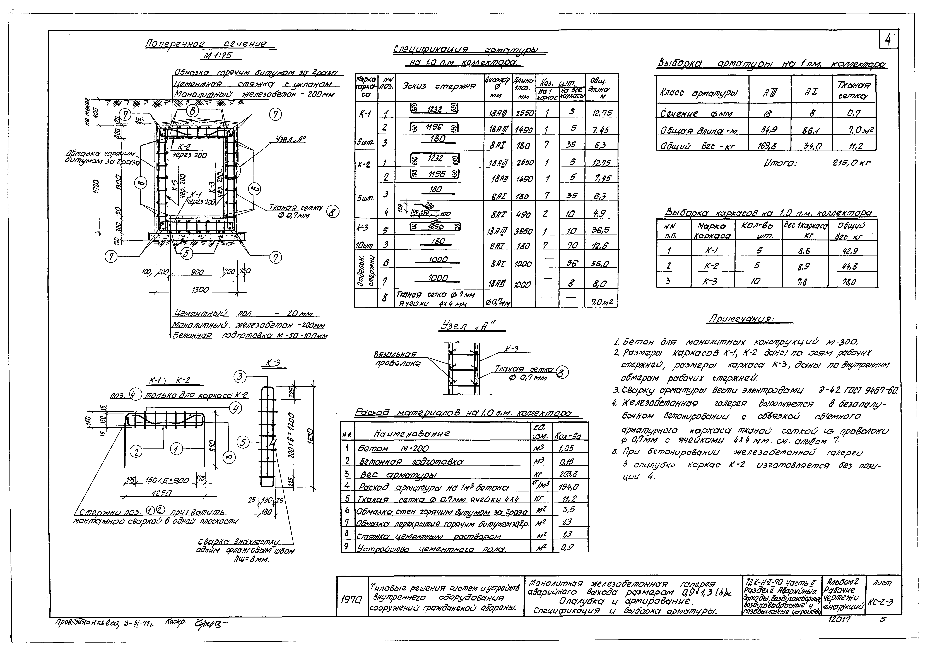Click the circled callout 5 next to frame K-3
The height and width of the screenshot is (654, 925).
pos(243,442)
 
